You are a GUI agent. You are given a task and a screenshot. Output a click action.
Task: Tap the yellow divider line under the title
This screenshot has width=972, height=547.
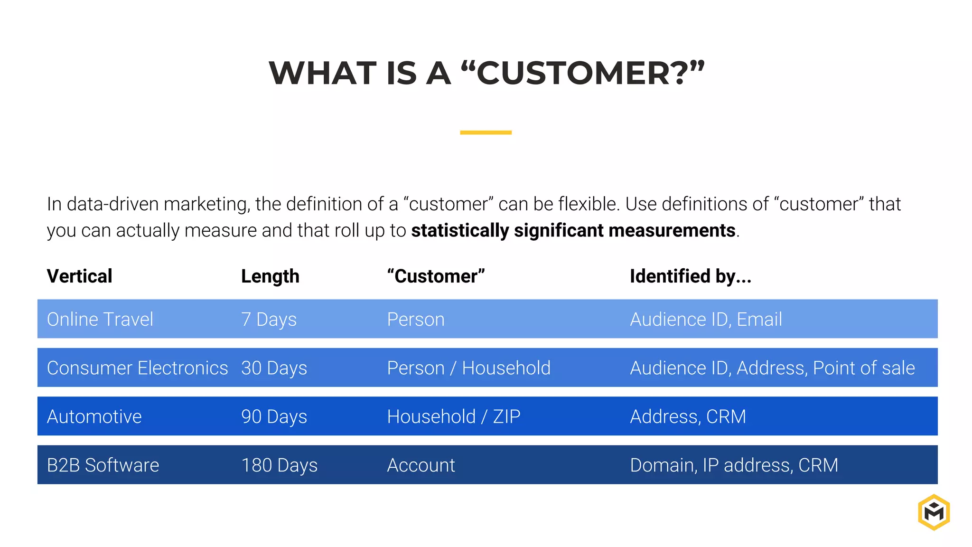tap(486, 132)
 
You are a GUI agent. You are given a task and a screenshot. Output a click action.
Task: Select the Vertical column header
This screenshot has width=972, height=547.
tap(79, 276)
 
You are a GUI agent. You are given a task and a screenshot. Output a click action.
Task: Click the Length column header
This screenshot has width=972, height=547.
tap(270, 276)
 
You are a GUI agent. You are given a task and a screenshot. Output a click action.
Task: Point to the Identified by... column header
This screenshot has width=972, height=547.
tap(690, 276)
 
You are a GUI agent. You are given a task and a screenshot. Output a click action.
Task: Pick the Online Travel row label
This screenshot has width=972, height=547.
tap(100, 320)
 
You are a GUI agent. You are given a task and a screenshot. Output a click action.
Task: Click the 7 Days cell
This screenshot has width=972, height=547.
tap(269, 320)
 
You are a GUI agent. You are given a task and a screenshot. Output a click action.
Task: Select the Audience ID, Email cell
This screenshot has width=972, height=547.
tap(706, 320)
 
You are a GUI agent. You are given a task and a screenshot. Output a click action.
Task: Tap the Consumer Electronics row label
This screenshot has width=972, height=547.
tap(137, 368)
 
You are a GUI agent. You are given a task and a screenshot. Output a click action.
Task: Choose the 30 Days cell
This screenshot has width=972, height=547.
tap(274, 368)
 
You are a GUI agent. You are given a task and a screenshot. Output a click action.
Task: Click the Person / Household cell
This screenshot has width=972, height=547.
tap(468, 368)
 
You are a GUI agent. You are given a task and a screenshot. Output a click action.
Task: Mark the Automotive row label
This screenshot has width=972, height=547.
tap(94, 416)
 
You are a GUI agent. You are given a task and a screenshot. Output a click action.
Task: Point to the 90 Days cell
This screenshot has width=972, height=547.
tap(274, 416)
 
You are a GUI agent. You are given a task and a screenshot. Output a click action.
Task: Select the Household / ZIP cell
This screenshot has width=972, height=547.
tap(453, 416)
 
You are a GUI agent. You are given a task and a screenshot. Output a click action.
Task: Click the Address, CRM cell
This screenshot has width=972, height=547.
tap(688, 416)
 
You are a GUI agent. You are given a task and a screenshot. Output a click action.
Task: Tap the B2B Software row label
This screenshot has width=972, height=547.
tap(103, 465)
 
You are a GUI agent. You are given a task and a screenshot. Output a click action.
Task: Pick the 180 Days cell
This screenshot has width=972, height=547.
tap(279, 465)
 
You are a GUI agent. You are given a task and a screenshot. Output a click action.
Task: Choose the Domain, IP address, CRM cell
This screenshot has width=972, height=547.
tap(734, 465)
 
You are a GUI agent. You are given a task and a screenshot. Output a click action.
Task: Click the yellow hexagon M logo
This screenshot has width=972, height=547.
tap(934, 512)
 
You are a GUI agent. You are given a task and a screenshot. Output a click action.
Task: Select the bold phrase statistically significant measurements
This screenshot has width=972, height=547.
tap(573, 231)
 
